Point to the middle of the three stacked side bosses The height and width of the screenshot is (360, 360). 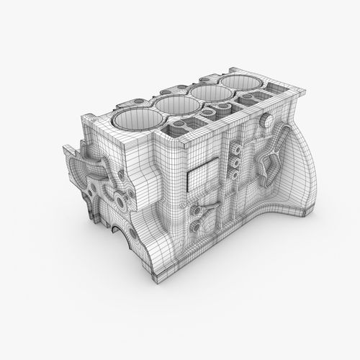[235, 163]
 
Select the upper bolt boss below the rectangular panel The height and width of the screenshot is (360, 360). [196, 210]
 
